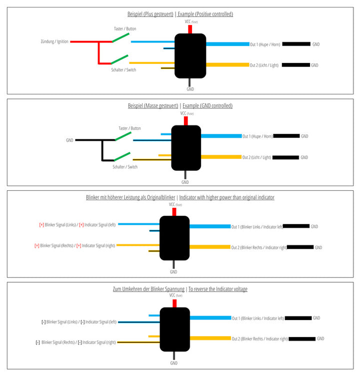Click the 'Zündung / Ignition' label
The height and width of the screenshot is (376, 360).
(54, 41)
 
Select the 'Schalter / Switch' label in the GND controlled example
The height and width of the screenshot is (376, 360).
(124, 167)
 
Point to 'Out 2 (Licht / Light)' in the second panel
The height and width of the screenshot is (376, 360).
(256, 157)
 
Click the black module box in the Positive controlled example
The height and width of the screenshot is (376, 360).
(190, 55)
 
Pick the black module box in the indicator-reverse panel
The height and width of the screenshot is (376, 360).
(174, 329)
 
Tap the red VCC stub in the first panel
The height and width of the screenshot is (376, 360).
(189, 29)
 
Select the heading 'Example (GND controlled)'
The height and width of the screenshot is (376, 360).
(207, 106)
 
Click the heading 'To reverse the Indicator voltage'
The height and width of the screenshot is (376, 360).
(217, 289)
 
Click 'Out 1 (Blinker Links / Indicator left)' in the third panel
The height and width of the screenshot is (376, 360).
(257, 227)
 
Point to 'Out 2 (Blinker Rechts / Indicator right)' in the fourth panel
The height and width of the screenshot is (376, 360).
(259, 339)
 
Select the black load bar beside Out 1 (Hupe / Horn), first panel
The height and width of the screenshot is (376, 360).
(296, 44)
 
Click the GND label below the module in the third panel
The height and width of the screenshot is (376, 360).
(173, 272)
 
